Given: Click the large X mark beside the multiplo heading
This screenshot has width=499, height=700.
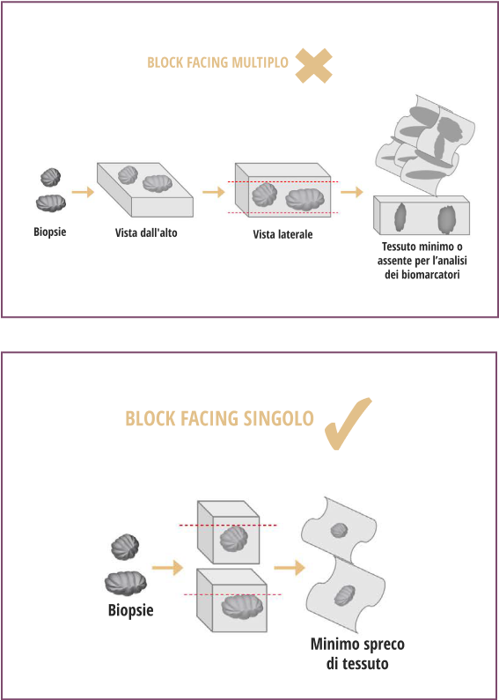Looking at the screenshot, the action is click(314, 66).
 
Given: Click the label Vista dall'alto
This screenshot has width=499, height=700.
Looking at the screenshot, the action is click(146, 232).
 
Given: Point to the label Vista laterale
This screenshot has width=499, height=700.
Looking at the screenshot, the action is click(283, 234).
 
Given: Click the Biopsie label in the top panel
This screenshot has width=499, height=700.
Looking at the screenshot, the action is click(50, 232).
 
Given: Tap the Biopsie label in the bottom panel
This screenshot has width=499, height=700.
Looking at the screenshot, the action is click(131, 609).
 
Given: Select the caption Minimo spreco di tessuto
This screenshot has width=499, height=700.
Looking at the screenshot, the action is click(357, 653).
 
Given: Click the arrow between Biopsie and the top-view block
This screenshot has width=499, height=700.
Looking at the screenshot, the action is click(83, 193).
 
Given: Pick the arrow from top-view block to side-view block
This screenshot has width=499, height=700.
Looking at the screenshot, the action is click(214, 193).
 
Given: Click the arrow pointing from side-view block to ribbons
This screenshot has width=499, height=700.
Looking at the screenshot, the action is click(352, 193).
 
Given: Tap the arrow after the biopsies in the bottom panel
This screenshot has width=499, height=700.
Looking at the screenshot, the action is click(167, 567).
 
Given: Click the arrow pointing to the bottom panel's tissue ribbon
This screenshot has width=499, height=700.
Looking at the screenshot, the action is click(290, 567).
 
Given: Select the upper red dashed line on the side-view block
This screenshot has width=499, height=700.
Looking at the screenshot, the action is click(283, 181).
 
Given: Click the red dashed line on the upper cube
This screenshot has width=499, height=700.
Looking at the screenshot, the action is click(228, 526).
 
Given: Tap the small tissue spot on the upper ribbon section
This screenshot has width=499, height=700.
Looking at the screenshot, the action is click(339, 530).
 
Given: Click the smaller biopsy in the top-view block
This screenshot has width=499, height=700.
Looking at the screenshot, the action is click(128, 175).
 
